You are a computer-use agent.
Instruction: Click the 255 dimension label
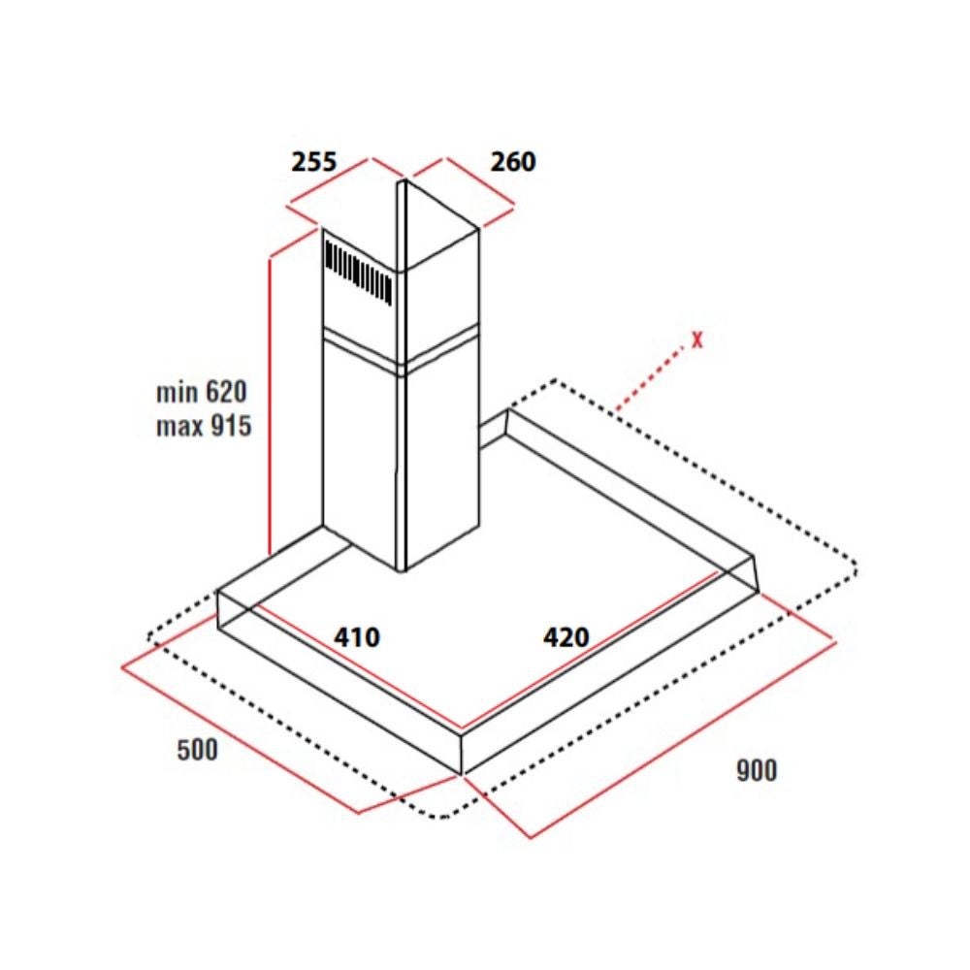tap(314, 161)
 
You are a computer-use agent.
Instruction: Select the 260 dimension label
tap(512, 161)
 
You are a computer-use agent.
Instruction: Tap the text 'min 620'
tap(202, 393)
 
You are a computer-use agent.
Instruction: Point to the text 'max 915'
tap(203, 426)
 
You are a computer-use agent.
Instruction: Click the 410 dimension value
tap(357, 637)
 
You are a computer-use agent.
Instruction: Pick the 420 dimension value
tap(566, 637)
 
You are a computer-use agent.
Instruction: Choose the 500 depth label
tap(198, 750)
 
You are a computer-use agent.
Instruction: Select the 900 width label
tap(756, 771)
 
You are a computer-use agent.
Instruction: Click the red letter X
tap(695, 340)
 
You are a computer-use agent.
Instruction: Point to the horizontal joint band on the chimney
tap(400, 355)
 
